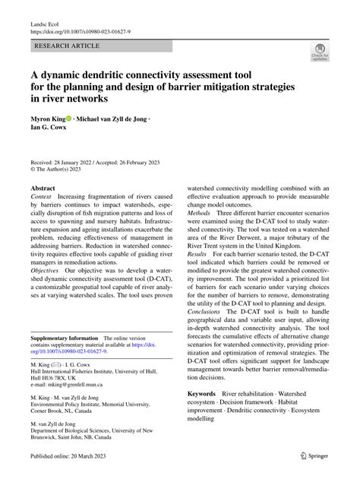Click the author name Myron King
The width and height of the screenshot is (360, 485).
pos(47,119)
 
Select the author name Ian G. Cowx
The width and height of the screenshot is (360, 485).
pos(50,130)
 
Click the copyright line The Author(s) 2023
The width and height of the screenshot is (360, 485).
pos(65,170)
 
